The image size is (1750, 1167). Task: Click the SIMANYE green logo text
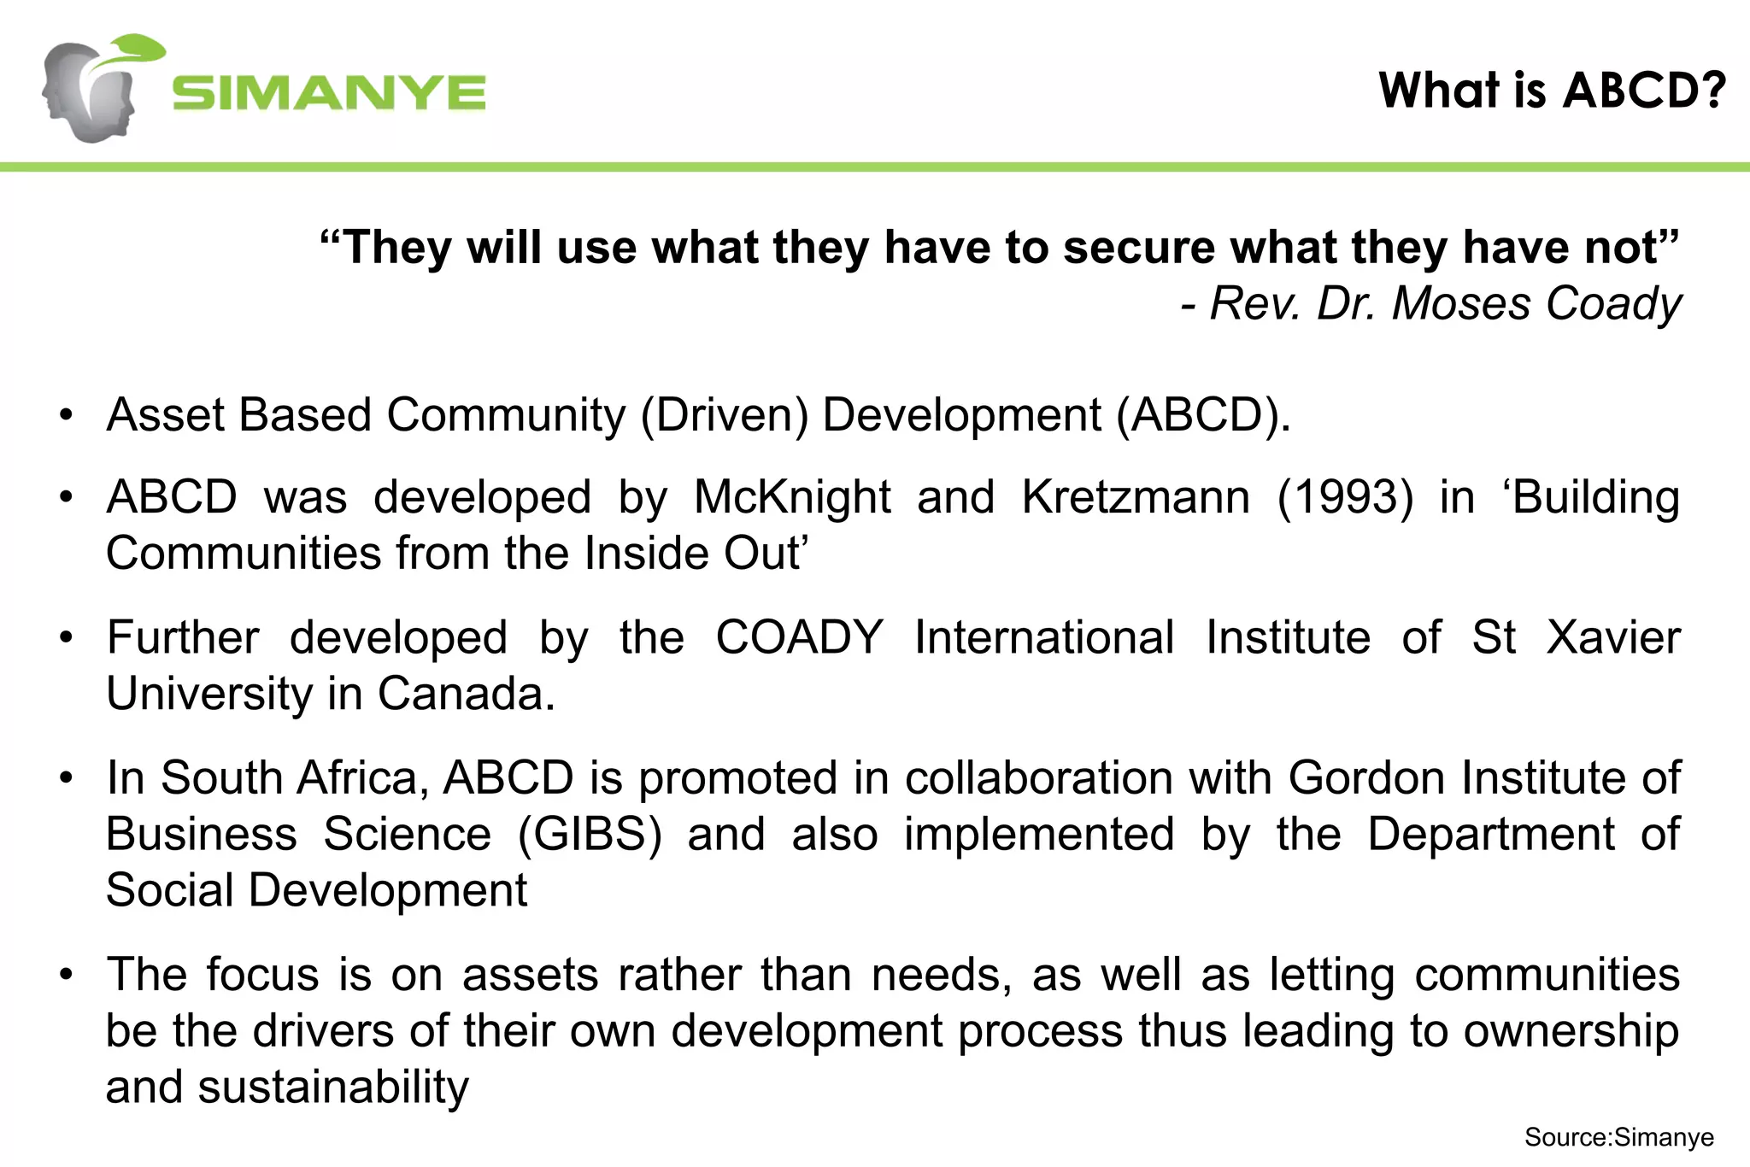[329, 93]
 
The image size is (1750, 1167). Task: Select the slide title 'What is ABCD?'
[1552, 90]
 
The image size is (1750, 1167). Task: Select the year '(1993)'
[1346, 497]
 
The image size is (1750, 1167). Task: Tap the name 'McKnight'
[792, 497]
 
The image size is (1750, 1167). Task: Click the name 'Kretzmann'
[1136, 497]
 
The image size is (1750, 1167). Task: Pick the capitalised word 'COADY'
[799, 637]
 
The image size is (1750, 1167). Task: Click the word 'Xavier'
[1613, 637]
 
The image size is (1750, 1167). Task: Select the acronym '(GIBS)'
[590, 834]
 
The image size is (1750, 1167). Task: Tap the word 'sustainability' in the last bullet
[333, 1087]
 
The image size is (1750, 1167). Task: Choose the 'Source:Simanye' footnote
[1618, 1137]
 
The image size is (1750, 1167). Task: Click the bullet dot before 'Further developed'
[67, 638]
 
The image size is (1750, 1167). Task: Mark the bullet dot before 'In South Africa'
[67, 779]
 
